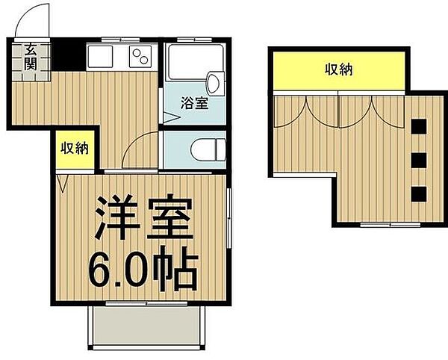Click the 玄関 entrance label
pos(31,57)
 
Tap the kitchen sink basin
pos(100,57)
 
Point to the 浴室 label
pos(196,104)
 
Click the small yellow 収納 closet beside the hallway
pos(75,148)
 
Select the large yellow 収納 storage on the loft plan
pos(338,71)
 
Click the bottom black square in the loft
pos(418,193)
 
